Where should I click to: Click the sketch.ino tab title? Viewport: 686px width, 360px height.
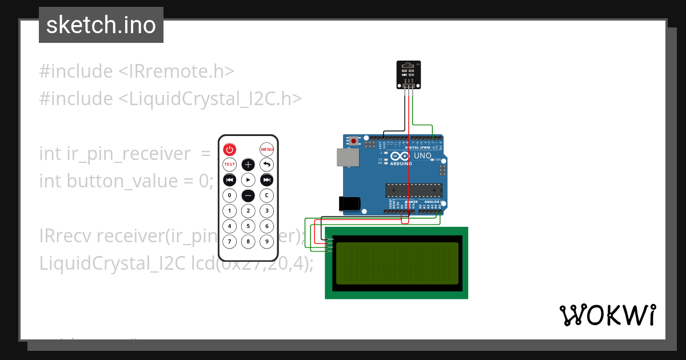click(101, 25)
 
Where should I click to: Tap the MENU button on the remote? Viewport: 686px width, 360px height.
click(267, 150)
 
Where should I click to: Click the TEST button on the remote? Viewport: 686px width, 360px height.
click(229, 165)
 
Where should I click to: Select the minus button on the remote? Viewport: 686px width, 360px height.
click(248, 195)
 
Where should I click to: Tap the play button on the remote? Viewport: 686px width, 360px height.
click(248, 180)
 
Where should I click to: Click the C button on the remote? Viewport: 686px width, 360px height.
click(267, 195)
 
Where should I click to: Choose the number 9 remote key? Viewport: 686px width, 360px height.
click(267, 241)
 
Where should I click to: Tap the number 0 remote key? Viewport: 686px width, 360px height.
click(229, 195)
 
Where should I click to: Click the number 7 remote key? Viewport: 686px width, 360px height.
click(229, 241)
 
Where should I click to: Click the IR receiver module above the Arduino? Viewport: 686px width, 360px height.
click(409, 75)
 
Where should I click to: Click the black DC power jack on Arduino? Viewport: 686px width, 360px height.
click(349, 204)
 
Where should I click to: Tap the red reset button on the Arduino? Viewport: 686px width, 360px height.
click(354, 141)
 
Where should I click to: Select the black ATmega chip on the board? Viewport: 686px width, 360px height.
click(413, 190)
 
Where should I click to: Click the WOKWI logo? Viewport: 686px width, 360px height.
click(607, 315)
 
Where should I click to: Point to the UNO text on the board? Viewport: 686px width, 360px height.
click(422, 155)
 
